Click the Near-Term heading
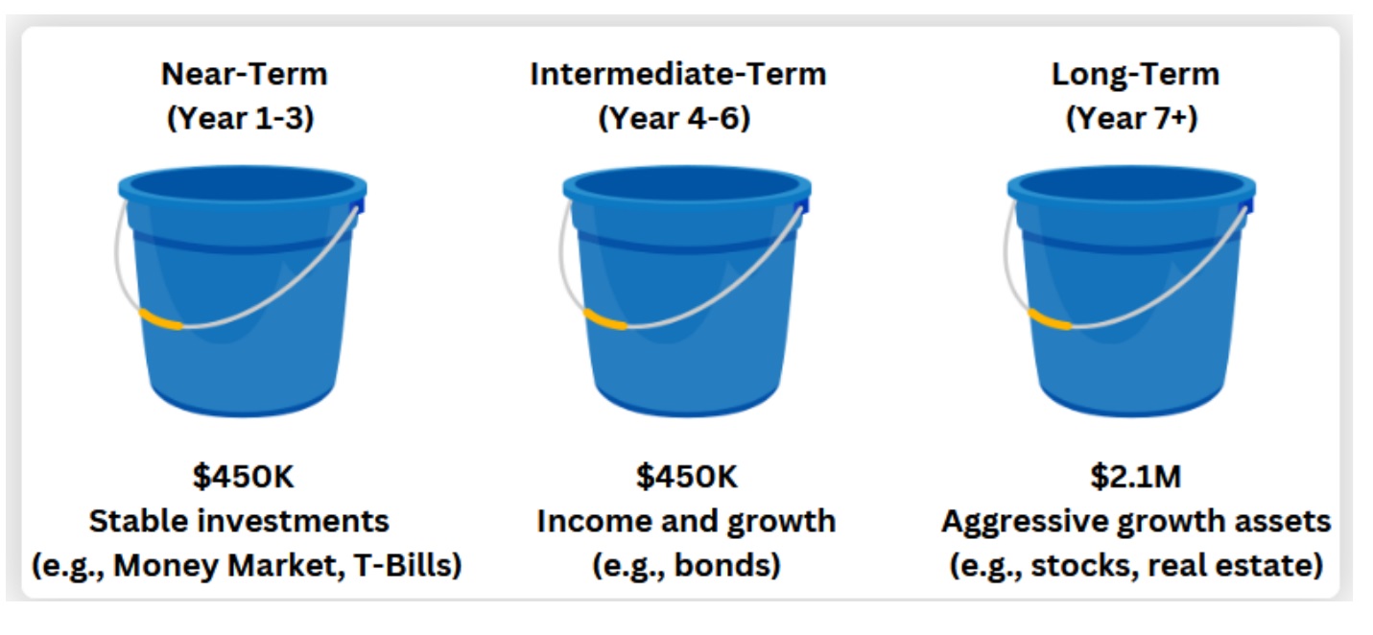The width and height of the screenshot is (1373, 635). point(244,74)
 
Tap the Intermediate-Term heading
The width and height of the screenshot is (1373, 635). point(678,74)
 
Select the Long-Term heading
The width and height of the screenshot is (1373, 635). point(1135,74)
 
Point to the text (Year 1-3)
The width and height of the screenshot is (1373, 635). point(240,118)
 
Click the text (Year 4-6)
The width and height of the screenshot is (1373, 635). point(675,118)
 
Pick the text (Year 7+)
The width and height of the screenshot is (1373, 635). point(1131,118)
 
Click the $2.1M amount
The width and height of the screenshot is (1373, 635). point(1135,476)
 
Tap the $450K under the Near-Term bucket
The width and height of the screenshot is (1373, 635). point(244,476)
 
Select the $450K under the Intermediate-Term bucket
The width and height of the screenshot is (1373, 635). point(687,476)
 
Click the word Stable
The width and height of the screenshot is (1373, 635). point(139,521)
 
